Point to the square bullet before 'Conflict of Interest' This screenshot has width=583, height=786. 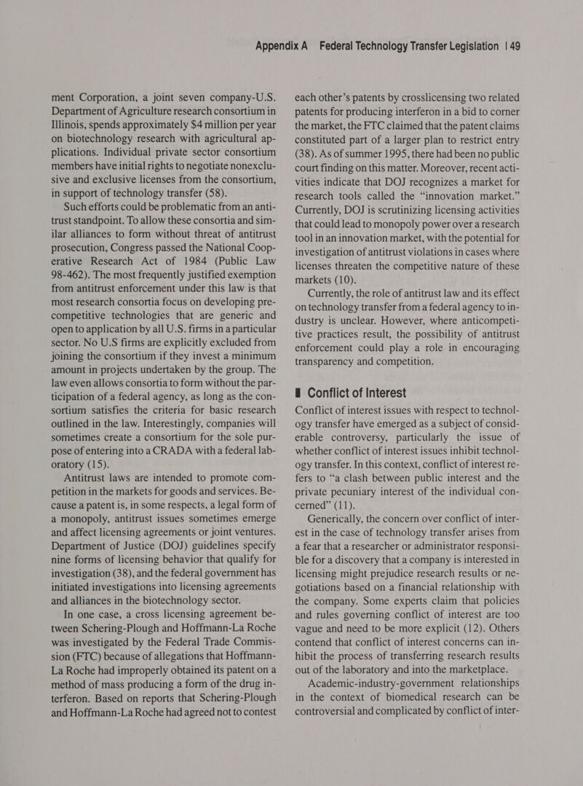tap(298, 394)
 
